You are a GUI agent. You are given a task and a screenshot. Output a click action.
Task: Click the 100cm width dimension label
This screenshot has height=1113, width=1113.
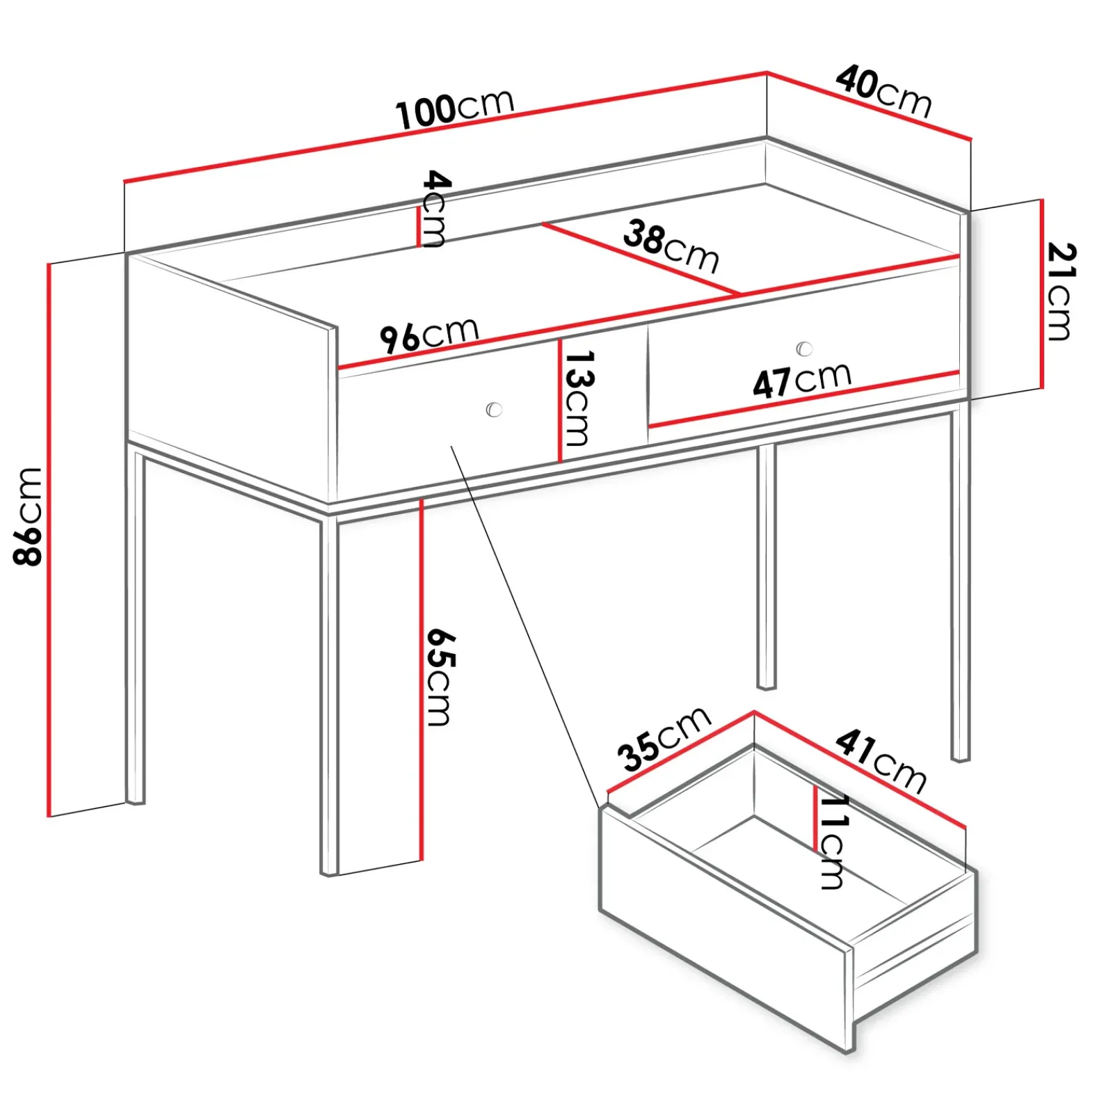point(455,109)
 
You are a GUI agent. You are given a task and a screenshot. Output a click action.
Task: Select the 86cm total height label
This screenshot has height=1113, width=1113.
point(29,516)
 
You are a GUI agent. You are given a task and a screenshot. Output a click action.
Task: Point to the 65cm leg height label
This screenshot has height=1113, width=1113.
point(440,677)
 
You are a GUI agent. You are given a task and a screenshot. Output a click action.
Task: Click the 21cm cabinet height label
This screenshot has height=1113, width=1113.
point(1061,291)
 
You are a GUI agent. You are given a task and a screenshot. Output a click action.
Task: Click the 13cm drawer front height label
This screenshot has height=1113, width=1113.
point(578,398)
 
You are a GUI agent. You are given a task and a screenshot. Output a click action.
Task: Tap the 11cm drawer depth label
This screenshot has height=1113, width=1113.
point(833,842)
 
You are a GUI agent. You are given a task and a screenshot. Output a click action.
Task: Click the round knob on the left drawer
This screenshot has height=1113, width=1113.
point(494,409)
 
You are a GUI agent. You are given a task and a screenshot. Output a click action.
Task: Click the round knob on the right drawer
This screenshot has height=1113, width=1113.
point(804,349)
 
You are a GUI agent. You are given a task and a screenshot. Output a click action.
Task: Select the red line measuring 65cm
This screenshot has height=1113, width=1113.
point(421,680)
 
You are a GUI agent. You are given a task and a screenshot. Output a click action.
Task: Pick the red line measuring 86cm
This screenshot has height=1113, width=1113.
point(49,540)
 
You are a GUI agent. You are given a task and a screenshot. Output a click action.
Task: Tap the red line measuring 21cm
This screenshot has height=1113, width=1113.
point(1042,294)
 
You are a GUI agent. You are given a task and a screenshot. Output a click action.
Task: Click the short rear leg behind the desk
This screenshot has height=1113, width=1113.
point(766,567)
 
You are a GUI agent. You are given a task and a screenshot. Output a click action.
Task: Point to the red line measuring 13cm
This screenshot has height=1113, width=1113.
point(559,400)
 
